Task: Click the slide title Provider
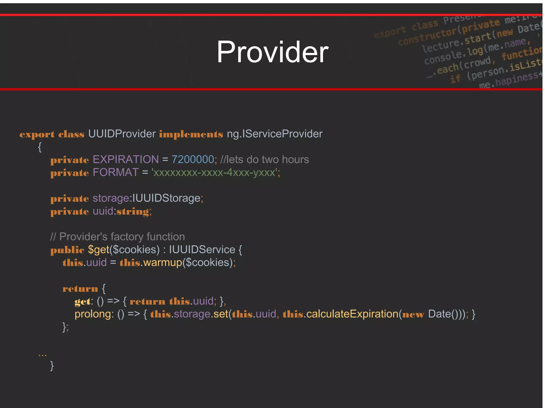tap(272, 52)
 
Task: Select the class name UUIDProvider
tap(122, 134)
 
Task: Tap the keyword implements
tap(191, 134)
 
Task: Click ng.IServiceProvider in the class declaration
tap(274, 134)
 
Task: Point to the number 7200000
tap(193, 159)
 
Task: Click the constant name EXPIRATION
tap(126, 159)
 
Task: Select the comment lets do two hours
tap(265, 159)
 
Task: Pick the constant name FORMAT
tap(115, 173)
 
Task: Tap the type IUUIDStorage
tap(166, 198)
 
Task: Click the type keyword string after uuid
tap(133, 212)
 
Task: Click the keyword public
tap(67, 250)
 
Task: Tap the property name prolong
tap(93, 314)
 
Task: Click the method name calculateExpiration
tap(352, 314)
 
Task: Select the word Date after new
tap(439, 314)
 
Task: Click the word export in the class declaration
tap(37, 134)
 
